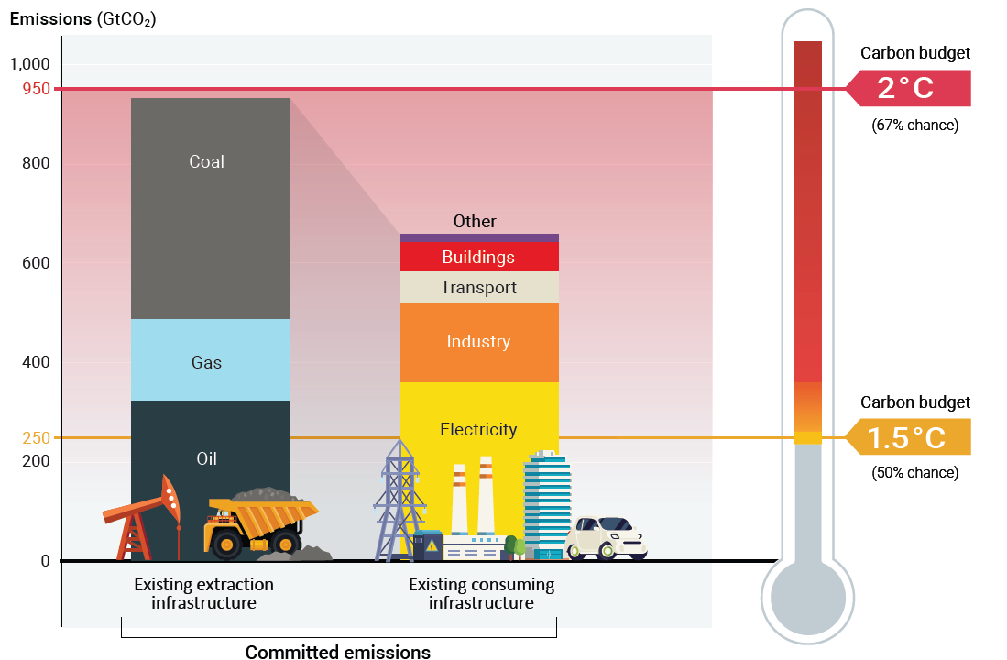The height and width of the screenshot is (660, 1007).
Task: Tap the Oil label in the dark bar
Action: (x=207, y=458)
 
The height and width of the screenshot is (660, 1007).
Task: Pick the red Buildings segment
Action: (x=478, y=257)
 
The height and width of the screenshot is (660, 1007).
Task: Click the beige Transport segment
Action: (x=478, y=288)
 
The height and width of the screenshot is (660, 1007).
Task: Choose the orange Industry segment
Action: (x=478, y=342)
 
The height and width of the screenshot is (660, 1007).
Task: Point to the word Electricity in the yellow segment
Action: (x=478, y=429)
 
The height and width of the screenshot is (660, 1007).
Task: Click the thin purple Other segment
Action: (x=478, y=237)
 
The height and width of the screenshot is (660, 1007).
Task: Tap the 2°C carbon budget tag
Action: (x=907, y=89)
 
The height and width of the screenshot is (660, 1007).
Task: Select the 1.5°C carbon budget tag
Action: (x=907, y=437)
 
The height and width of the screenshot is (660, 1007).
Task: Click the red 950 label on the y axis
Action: (x=37, y=89)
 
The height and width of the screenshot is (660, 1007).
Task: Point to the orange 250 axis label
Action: (x=37, y=438)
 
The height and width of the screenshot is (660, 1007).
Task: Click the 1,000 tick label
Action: (x=31, y=64)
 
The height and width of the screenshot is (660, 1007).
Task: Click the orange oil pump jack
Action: (x=147, y=518)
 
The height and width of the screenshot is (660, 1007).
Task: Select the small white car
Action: (x=607, y=538)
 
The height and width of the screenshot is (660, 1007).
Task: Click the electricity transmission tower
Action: (x=400, y=500)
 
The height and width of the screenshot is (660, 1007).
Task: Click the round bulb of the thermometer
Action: (x=807, y=597)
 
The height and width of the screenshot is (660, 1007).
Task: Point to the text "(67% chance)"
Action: (x=914, y=126)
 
